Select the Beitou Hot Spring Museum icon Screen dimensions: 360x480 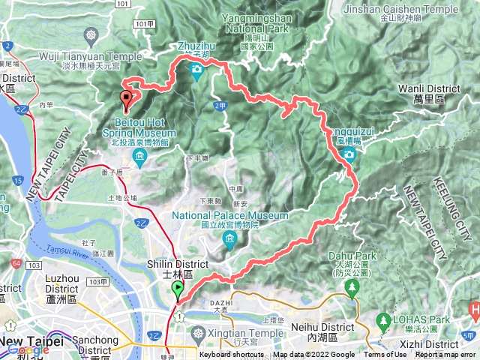139,155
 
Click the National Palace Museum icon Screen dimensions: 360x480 229,240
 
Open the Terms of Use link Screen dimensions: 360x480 385,355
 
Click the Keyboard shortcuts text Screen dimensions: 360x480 232,355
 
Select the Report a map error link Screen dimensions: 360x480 447,355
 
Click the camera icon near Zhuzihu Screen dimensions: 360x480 196,71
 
